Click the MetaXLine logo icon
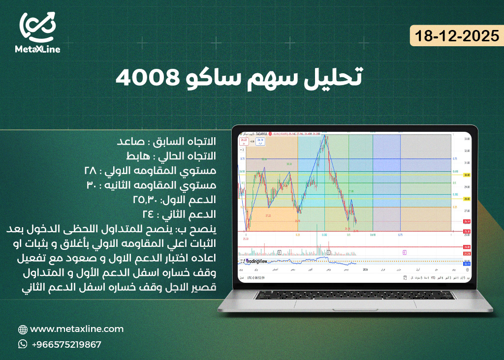[x=37, y=27]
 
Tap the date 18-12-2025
[x=457, y=36]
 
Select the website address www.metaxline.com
[x=77, y=329]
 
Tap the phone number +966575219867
[x=66, y=344]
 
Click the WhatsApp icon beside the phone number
[x=22, y=344]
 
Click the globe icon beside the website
[x=22, y=330]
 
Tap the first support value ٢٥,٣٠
[x=147, y=200]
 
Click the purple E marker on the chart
[x=405, y=252]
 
